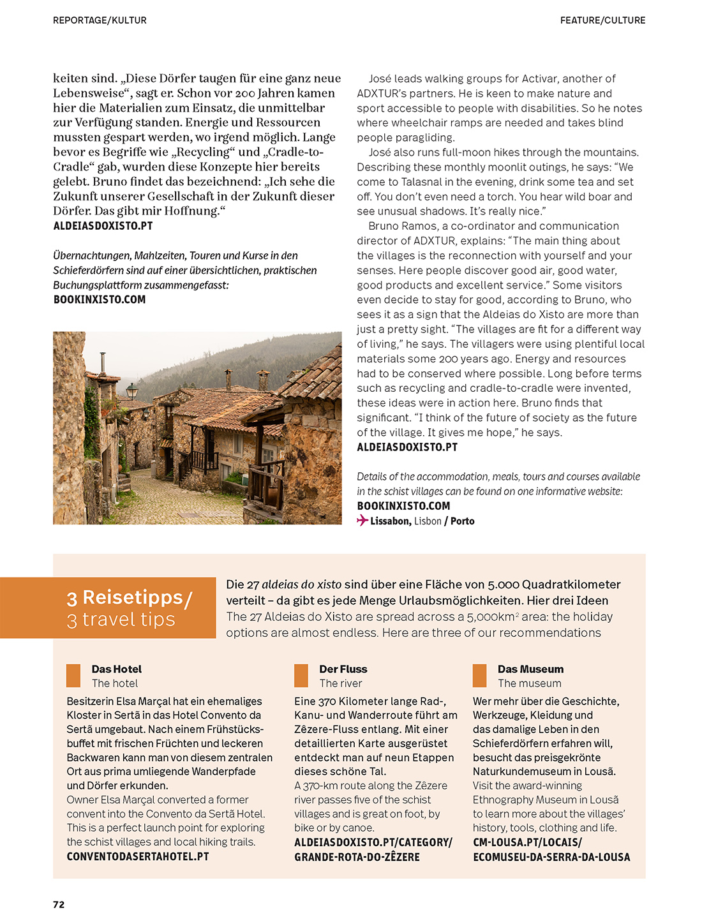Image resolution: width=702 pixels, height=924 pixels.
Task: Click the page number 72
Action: click(x=59, y=904)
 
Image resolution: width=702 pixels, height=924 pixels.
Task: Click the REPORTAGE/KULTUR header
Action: click(x=100, y=20)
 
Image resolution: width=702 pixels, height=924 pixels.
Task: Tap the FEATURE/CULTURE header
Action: click(x=602, y=20)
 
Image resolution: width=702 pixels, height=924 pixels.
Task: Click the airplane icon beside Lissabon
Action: click(x=362, y=521)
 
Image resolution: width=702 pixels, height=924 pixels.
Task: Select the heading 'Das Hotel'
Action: click(x=116, y=669)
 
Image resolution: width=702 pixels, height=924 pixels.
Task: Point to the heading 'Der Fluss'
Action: click(x=343, y=669)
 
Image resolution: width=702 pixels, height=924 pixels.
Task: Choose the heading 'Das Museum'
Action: click(x=530, y=669)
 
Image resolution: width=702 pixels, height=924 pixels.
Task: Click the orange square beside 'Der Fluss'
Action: click(x=301, y=675)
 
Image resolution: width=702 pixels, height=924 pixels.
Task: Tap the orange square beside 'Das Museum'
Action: click(x=480, y=675)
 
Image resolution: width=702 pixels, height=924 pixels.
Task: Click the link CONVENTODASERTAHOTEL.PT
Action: click(x=138, y=856)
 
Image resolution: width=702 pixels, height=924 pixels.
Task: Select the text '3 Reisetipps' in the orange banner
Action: click(x=125, y=597)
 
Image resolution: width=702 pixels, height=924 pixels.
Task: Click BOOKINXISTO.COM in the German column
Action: click(x=100, y=299)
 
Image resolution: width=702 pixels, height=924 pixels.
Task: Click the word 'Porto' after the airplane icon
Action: click(x=462, y=521)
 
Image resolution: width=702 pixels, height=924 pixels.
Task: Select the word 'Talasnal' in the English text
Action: click(x=422, y=182)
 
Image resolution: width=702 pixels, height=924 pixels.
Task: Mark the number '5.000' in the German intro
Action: click(x=503, y=585)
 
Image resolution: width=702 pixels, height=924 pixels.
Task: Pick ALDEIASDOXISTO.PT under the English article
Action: click(x=407, y=447)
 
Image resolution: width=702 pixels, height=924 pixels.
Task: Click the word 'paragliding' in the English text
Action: click(x=427, y=137)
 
